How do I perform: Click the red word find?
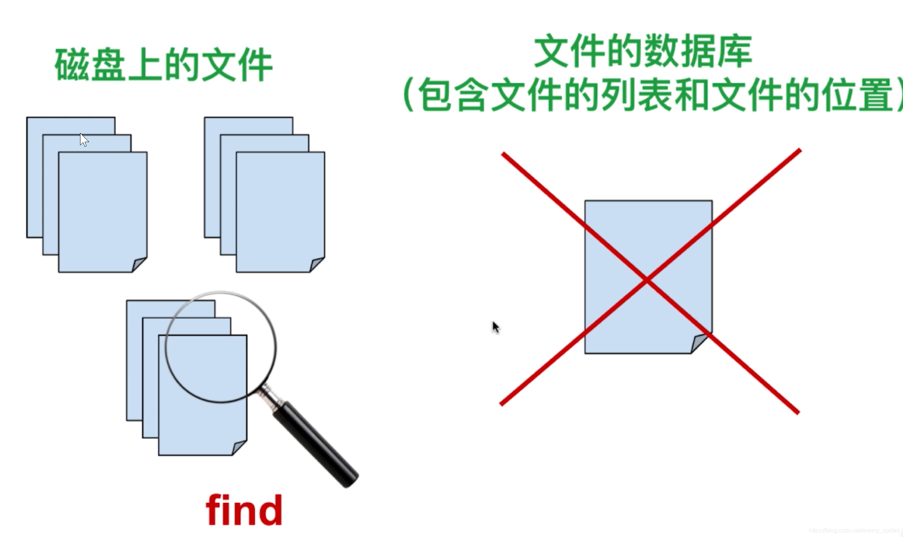click(244, 510)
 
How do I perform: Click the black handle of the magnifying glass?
click(315, 444)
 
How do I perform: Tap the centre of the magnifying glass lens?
click(221, 347)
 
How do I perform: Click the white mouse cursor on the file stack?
click(84, 140)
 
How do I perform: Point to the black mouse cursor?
click(496, 327)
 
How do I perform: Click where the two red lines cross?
click(647, 280)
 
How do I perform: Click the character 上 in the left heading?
click(144, 65)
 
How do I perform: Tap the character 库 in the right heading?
click(734, 52)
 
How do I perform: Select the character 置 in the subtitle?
click(878, 95)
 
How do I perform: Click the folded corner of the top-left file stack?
click(139, 264)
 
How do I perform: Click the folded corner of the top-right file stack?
click(317, 264)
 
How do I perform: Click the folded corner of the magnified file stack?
click(239, 447)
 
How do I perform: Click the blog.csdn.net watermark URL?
click(854, 530)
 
